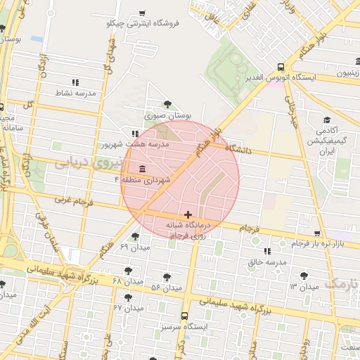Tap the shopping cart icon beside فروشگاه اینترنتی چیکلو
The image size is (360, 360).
click(143, 13)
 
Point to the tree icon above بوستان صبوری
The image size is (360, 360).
click(167, 103)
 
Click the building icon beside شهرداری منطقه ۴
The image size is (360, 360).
click(143, 169)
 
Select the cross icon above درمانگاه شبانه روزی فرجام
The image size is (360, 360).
click(188, 214)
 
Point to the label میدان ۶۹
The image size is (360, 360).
click(136, 247)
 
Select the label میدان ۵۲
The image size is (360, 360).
click(166, 288)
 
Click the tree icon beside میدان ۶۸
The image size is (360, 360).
click(127, 270)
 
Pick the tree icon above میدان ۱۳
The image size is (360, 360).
click(304, 276)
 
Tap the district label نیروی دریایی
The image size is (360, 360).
click(88, 163)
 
